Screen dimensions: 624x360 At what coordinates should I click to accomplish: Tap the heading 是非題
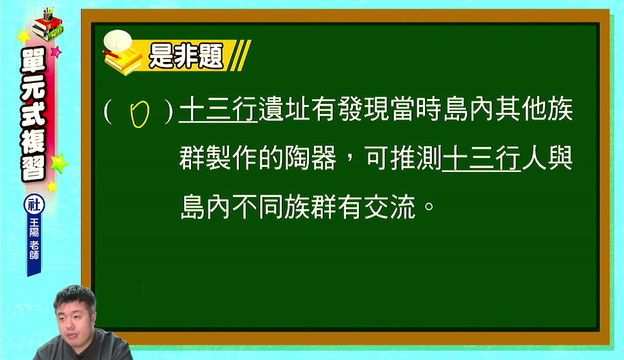coord(186,56)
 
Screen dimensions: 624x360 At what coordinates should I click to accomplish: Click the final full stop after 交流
coord(429,206)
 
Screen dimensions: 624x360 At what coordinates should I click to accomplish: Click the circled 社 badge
coord(34,204)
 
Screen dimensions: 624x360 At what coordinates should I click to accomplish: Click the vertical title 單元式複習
coord(34,114)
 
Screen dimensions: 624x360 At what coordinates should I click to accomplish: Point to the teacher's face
coord(74,318)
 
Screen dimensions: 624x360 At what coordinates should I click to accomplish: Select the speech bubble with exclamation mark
coord(117,40)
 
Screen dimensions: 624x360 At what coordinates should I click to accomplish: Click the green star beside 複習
coord(59,163)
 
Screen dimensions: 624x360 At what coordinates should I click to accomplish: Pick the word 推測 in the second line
coord(416,158)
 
